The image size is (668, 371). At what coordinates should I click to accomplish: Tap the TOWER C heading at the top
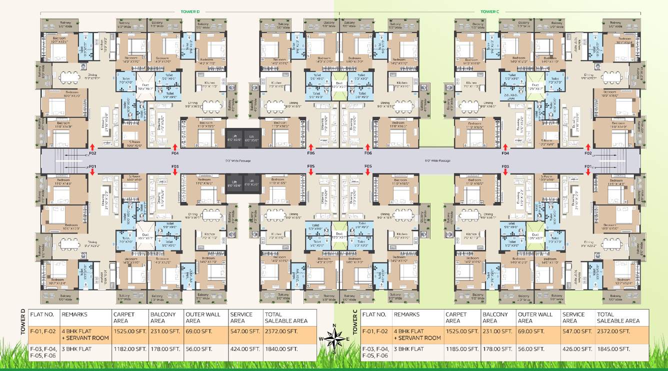click(x=490, y=11)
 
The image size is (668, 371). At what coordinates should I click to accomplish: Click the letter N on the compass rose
click(x=334, y=328)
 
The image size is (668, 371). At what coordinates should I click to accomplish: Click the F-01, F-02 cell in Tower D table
click(x=43, y=331)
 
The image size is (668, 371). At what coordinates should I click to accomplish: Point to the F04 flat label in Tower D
click(x=175, y=153)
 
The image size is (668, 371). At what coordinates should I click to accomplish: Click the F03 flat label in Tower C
click(x=505, y=166)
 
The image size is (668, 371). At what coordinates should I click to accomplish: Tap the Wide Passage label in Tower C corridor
click(x=437, y=160)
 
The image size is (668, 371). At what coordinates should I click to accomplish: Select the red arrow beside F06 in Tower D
click(x=310, y=147)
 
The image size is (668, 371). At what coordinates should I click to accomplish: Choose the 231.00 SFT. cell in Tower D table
click(x=165, y=331)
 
